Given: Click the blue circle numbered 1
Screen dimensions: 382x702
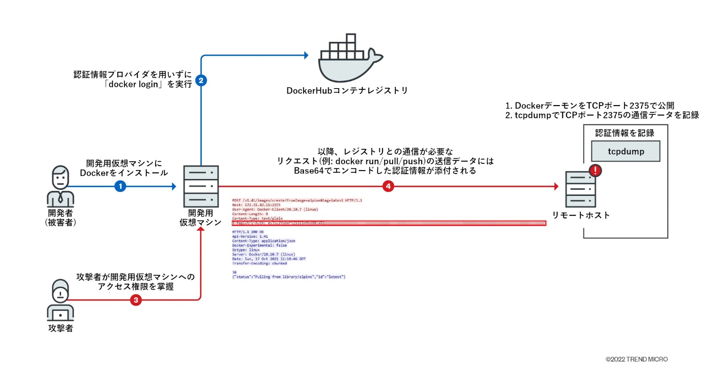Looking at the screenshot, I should click(120, 186).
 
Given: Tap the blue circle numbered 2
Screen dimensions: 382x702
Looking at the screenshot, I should click(201, 81).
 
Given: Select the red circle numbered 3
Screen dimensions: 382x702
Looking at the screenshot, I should click(136, 300).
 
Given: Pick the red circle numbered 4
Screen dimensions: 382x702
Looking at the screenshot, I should click(388, 186).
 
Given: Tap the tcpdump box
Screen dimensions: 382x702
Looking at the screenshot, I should click(625, 151).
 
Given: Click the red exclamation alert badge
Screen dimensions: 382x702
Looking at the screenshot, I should click(595, 170).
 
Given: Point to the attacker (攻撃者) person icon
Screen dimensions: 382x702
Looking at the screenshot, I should click(60, 300).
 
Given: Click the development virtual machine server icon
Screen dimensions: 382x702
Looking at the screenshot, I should click(201, 186).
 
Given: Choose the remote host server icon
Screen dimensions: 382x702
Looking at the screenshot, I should click(580, 189).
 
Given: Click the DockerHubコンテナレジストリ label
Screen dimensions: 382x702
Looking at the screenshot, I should click(347, 91).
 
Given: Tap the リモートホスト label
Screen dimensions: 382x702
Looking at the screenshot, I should click(581, 215).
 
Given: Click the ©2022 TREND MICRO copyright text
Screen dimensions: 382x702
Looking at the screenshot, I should click(636, 359).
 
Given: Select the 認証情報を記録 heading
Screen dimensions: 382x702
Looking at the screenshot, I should click(624, 133).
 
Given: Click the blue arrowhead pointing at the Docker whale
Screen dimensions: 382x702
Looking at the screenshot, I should click(306, 56).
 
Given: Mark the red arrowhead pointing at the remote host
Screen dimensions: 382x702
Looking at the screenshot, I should click(556, 187).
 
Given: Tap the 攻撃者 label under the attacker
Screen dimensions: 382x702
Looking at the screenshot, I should click(61, 329).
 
